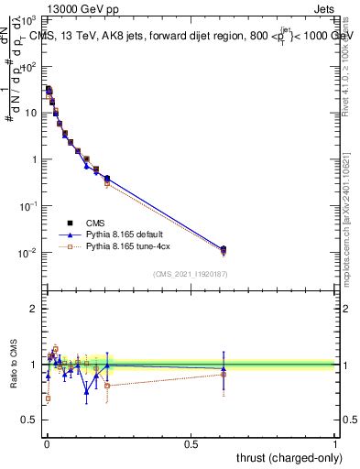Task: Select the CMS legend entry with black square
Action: coord(83,223)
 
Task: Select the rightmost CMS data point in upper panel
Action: coord(224,248)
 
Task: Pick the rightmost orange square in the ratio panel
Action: coord(224,374)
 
